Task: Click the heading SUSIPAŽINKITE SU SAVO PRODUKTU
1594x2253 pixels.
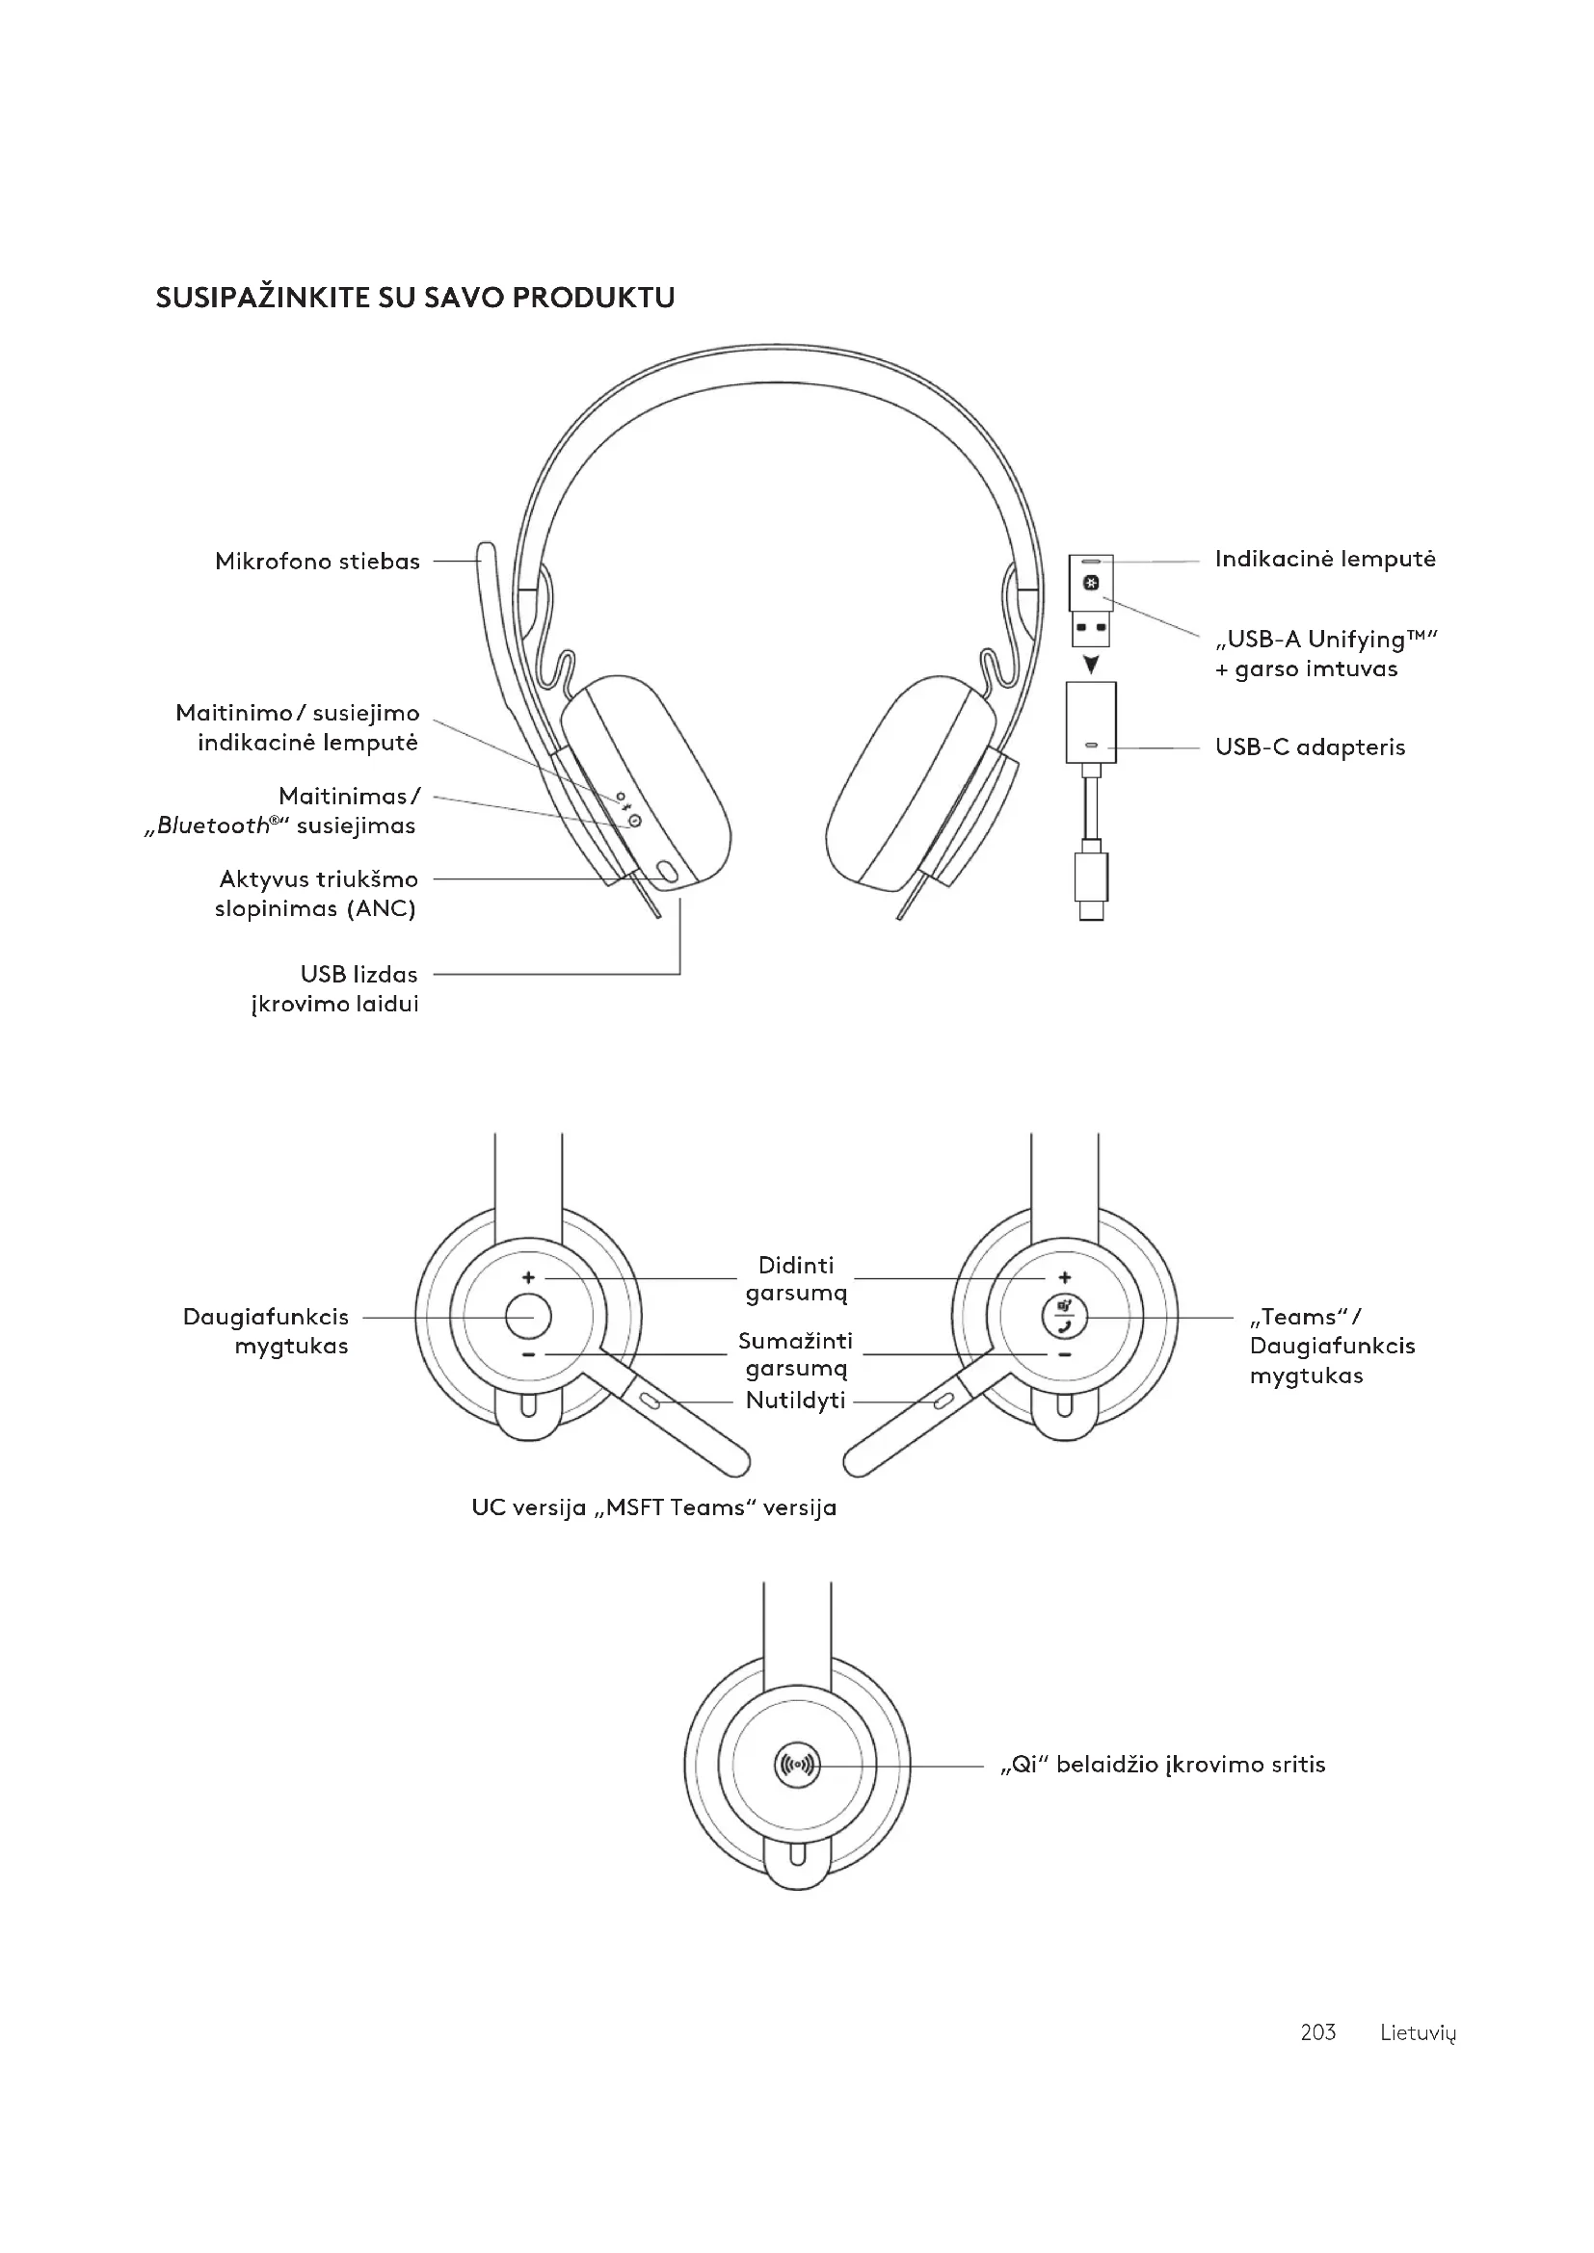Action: [415, 299]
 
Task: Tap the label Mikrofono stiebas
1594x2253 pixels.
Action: [317, 562]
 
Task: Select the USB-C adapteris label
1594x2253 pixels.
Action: [1310, 747]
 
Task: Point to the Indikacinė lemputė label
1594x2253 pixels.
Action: [1324, 560]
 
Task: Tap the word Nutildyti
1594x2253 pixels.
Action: [795, 1401]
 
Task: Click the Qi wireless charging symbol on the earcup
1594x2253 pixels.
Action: [796, 1766]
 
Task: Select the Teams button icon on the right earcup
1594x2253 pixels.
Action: [1064, 1317]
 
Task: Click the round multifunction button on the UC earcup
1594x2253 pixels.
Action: [528, 1317]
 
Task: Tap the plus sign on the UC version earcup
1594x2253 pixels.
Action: [528, 1277]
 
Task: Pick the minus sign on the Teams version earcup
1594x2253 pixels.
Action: [1064, 1355]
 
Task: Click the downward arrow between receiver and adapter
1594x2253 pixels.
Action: [1091, 665]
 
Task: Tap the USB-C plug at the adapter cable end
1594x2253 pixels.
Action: [1091, 882]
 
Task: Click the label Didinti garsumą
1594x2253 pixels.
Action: [795, 1279]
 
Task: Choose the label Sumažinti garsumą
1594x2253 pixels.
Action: [795, 1354]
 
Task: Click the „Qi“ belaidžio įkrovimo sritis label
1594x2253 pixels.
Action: [1162, 1766]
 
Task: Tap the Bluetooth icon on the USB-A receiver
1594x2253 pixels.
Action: [1091, 584]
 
